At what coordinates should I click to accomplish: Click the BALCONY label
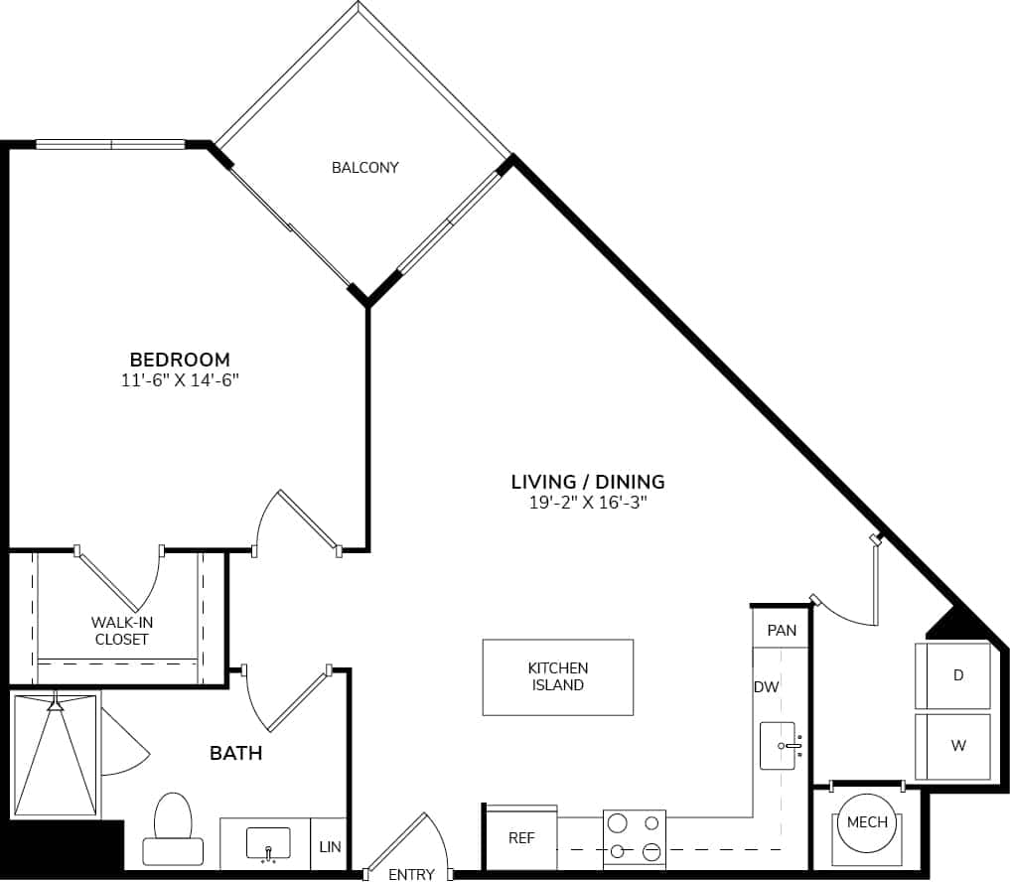tap(364, 168)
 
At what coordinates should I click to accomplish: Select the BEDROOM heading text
tap(180, 360)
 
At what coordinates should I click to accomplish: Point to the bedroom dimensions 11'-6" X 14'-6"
tap(180, 380)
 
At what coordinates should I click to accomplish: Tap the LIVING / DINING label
tap(587, 482)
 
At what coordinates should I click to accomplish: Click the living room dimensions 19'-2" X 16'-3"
tap(587, 503)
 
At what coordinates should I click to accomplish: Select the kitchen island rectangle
tap(557, 677)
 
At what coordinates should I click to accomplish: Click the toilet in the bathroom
tap(173, 826)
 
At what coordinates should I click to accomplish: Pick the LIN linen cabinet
tap(330, 847)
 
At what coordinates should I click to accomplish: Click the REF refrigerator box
tap(520, 838)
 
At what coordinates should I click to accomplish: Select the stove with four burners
tap(634, 836)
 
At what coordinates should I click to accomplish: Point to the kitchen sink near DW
tap(781, 745)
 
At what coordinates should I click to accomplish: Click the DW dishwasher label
tap(766, 686)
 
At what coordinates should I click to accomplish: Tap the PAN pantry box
tap(782, 630)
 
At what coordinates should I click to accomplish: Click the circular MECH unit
tap(867, 822)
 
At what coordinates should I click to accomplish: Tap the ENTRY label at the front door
tap(411, 874)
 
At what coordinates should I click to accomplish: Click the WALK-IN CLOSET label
tap(121, 631)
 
